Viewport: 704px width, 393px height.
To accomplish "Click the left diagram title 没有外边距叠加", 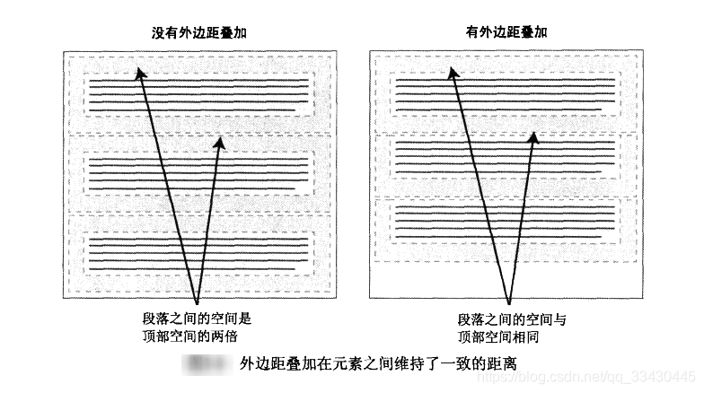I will pyautogui.click(x=198, y=32).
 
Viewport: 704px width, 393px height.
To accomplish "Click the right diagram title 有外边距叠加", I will pyautogui.click(x=506, y=32).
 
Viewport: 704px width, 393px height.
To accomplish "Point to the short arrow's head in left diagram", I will pyautogui.click(x=219, y=142).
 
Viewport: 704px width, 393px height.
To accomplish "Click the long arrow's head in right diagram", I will pyautogui.click(x=449, y=66).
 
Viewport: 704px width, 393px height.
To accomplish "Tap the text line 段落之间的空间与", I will pyautogui.click(x=512, y=319).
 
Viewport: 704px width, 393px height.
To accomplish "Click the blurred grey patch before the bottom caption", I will pyautogui.click(x=205, y=364).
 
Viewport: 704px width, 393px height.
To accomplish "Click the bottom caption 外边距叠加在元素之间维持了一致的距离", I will pyautogui.click(x=378, y=364).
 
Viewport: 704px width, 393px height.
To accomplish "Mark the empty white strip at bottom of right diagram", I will pyautogui.click(x=506, y=282).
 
